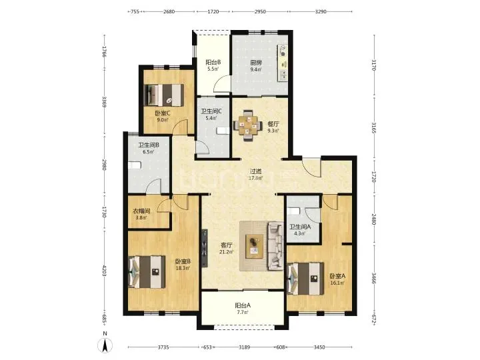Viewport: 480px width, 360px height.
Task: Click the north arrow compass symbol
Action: (x=105, y=345)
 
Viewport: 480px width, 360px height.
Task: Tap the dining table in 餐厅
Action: (x=248, y=125)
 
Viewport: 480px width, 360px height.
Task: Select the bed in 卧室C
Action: (x=164, y=95)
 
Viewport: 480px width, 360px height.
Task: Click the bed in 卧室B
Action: (x=147, y=272)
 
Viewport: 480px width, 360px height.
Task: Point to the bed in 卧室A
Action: (x=305, y=279)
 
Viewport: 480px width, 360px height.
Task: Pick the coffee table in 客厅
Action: (x=255, y=246)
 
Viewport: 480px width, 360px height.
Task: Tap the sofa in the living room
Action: (x=275, y=247)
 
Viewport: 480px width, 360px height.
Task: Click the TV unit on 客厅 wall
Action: (x=205, y=249)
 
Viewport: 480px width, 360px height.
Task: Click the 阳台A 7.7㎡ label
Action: (x=243, y=309)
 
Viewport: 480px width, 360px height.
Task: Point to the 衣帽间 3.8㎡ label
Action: (x=141, y=214)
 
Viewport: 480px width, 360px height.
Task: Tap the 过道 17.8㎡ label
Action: (x=255, y=175)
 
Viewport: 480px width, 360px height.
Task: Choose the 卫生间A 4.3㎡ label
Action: (x=300, y=230)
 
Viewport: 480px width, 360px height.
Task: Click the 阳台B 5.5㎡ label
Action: (x=213, y=65)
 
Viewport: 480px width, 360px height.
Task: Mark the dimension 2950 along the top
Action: (x=260, y=11)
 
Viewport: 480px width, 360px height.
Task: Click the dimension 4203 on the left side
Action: (x=105, y=271)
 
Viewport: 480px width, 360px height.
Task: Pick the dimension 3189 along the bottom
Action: (x=244, y=347)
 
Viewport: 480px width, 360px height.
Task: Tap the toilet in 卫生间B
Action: (x=134, y=165)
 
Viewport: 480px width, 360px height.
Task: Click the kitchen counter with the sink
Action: (x=283, y=63)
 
